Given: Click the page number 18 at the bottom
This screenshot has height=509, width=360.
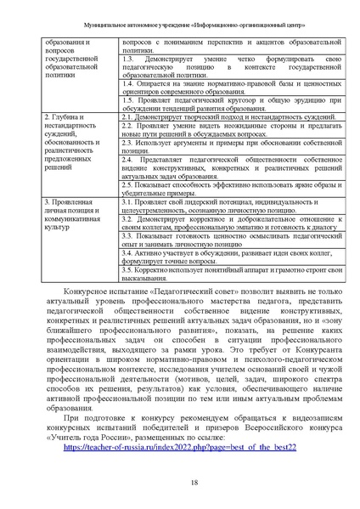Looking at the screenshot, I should point(180,483).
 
